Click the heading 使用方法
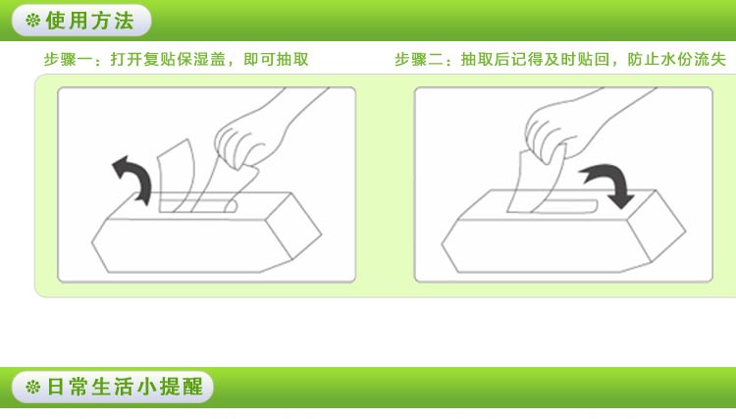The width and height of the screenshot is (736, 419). pos(89,21)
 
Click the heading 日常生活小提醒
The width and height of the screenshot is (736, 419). pos(125,387)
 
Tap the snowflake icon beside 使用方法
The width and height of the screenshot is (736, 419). pos(32,21)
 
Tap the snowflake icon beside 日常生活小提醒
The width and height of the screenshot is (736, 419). pos(32,387)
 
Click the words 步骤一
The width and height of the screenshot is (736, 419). pos(60,60)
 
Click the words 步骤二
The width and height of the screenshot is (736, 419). pos(411,60)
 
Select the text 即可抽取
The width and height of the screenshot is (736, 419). pos(276,60)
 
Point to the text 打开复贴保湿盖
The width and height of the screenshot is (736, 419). pos(168,60)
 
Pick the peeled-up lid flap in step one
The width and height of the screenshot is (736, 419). pos(176,176)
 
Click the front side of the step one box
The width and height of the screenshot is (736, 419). pos(187,245)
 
